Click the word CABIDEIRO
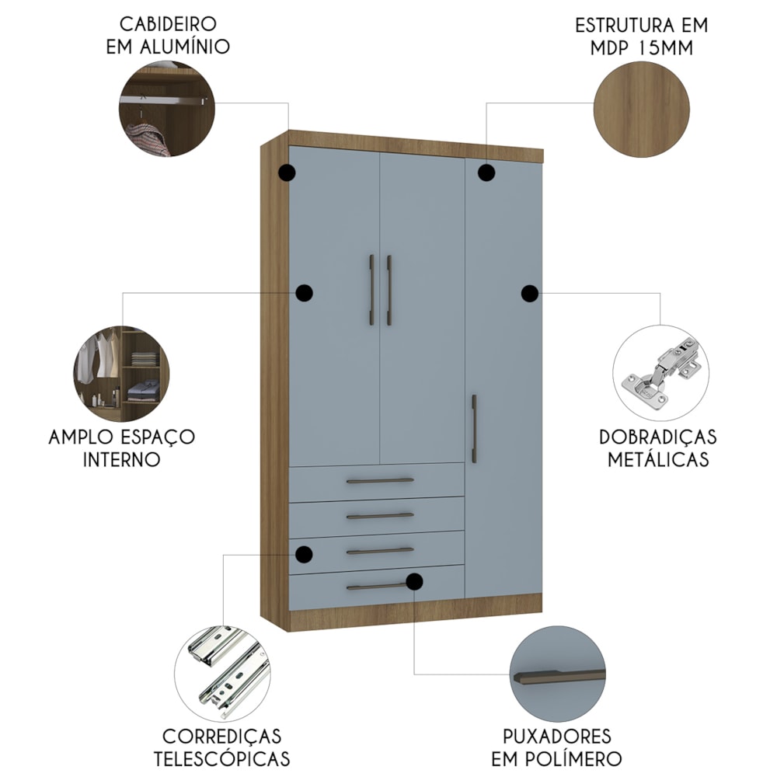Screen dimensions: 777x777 pos(168,24)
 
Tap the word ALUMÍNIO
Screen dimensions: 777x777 pos(185,47)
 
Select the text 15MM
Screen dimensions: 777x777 pos(666,47)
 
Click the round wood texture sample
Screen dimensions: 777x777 pos(642,110)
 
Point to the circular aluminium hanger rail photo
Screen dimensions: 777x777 pos(167,109)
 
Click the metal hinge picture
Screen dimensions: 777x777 pos(661,373)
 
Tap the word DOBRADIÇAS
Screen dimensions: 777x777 pos(658,437)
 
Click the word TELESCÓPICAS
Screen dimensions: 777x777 pos(221,758)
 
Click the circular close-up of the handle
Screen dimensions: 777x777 pos(557,674)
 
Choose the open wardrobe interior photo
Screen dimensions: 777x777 pos(121,375)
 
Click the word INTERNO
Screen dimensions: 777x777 pos(122,460)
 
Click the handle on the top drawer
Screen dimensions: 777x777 pos(380,481)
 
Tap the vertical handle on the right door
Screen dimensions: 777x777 pos(474,429)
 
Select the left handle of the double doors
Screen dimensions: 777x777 pos(371,291)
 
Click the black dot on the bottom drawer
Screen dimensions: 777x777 pos(414,582)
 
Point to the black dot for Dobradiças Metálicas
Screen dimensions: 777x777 pos(530,294)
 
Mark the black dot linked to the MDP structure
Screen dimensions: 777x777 pos(486,172)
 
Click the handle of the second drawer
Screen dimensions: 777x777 pos(380,516)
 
